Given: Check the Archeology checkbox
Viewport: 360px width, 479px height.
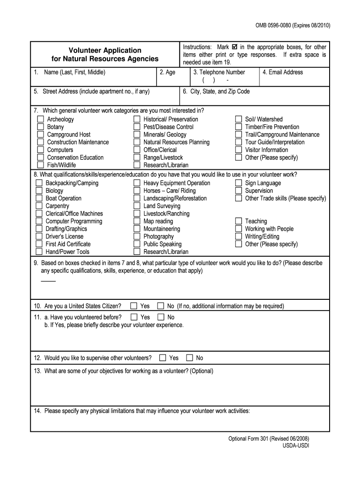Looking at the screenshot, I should point(41,119).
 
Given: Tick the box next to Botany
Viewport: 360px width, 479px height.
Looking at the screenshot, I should point(41,127).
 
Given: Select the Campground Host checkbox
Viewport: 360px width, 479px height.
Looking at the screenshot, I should point(41,135).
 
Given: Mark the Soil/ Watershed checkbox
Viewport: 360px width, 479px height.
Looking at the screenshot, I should point(238,119).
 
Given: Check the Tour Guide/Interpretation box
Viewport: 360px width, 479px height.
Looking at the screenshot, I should point(238,142).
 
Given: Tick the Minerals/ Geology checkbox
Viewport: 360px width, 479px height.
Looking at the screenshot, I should point(137,135).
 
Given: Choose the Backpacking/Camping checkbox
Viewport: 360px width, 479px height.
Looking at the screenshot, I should point(39,183).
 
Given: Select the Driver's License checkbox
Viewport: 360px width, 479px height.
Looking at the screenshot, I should point(39,237).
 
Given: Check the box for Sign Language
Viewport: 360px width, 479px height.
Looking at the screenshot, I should point(238,183).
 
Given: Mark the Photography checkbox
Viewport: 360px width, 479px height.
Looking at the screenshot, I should point(137,237).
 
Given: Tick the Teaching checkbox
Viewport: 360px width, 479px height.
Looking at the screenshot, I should point(238,221).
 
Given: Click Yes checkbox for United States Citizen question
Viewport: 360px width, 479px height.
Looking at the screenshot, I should point(134,306).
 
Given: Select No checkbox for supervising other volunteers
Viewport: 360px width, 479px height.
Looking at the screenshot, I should point(189,358).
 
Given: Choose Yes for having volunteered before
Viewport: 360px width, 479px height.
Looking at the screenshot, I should point(134,317).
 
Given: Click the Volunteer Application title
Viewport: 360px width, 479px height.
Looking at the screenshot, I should point(105,50).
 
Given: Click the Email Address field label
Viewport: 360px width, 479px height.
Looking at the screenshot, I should point(282,73).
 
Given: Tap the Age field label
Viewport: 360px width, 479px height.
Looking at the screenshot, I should point(167,73).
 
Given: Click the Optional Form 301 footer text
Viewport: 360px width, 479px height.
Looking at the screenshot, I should point(268,439).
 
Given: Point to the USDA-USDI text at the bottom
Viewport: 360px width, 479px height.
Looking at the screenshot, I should point(295,446).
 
